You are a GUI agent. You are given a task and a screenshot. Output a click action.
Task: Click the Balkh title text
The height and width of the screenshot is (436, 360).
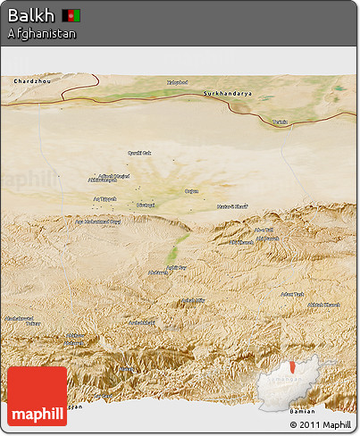tap(30, 15)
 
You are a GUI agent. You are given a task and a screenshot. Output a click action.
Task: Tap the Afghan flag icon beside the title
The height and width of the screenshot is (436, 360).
tap(71, 15)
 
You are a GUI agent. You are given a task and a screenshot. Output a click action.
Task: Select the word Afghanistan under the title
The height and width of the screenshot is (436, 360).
tap(41, 33)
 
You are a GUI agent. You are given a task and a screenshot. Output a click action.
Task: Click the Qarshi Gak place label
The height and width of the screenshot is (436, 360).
tap(140, 153)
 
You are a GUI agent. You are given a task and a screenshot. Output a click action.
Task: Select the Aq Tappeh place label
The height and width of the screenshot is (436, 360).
tap(105, 198)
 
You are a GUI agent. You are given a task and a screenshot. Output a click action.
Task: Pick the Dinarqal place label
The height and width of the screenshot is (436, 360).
tap(145, 205)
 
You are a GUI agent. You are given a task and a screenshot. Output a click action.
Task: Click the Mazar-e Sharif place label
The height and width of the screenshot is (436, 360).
tap(231, 207)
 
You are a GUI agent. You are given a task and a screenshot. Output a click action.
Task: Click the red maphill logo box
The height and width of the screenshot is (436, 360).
tap(37, 396)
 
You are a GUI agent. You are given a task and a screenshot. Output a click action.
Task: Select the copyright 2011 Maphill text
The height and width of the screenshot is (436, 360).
tap(321, 423)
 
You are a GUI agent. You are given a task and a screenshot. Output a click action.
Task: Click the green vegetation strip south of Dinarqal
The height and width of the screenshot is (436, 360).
tap(180, 241)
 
